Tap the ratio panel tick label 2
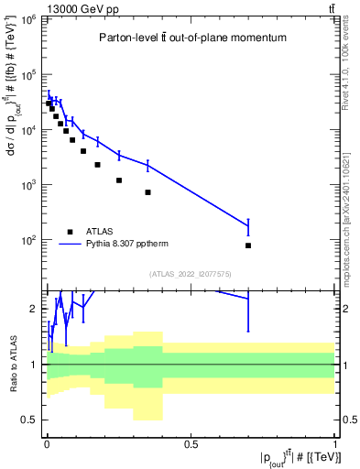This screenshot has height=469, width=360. tap(35, 309)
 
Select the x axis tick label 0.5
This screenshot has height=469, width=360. tap(191, 445)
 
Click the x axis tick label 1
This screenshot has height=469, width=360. tap(335, 445)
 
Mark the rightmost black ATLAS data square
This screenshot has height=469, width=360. tap(248, 245)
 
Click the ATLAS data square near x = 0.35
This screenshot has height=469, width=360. tap(147, 192)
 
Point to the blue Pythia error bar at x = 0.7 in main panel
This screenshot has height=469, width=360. tap(248, 225)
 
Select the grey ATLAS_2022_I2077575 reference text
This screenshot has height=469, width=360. tap(191, 274)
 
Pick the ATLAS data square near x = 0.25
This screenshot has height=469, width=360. tap(119, 180)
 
